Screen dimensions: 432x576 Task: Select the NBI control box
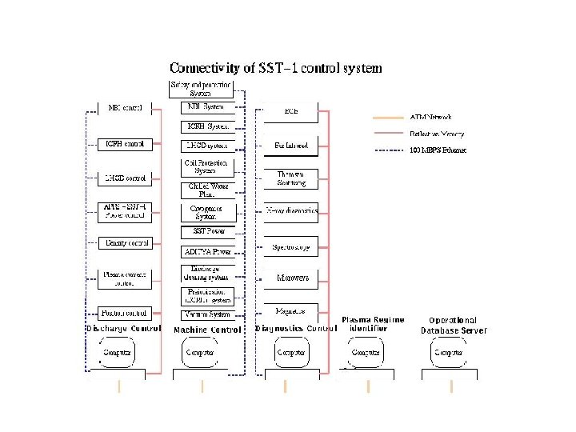124,107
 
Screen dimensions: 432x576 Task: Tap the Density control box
124,242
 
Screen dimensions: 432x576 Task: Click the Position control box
124,312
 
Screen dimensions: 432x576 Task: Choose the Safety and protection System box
201,89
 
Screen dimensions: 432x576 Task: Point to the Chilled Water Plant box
207,190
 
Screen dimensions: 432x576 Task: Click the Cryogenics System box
207,211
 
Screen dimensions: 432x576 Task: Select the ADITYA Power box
207,251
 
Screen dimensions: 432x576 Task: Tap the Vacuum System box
207,314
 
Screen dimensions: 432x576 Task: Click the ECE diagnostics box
291,111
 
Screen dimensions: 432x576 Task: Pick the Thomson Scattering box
291,178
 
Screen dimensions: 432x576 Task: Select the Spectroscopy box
291,246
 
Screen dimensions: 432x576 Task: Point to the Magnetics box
291,310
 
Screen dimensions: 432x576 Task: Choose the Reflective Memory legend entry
437,134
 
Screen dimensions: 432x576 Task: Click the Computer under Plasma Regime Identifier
366,352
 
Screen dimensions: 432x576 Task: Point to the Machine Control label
207,330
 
